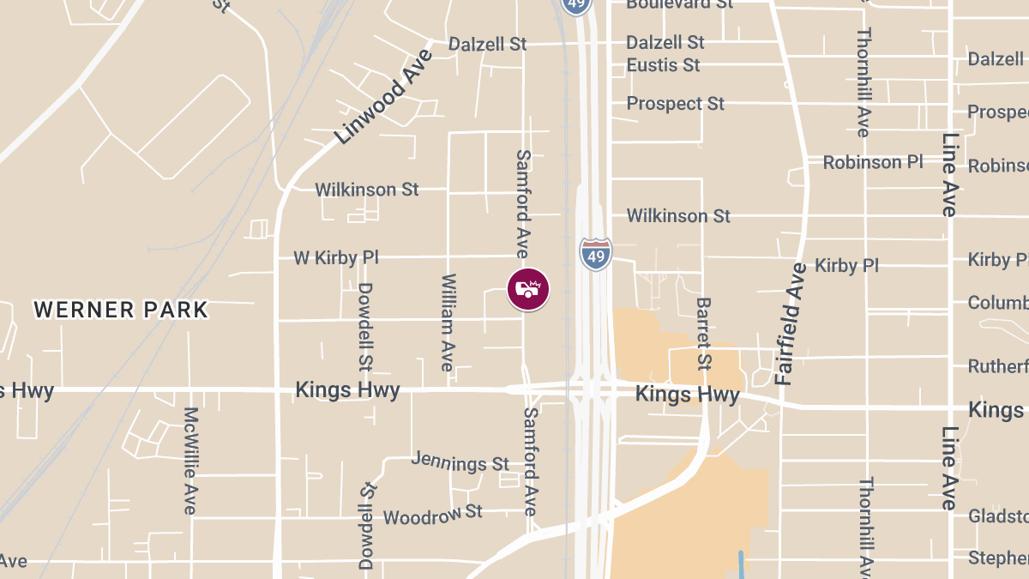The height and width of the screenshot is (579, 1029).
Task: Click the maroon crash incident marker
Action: pyautogui.click(x=528, y=290)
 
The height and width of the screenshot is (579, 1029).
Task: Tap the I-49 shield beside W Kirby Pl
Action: pyautogui.click(x=596, y=254)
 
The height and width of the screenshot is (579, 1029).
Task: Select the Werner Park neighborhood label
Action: pyautogui.click(x=121, y=310)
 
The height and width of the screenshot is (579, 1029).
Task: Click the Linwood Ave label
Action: pyautogui.click(x=384, y=96)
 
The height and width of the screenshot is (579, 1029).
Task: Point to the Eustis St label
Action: pyautogui.click(x=663, y=65)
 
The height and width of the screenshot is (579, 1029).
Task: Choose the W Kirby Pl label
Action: pyautogui.click(x=335, y=257)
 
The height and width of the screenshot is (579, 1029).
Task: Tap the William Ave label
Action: pyautogui.click(x=447, y=323)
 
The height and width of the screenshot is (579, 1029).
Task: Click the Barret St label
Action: pyautogui.click(x=704, y=333)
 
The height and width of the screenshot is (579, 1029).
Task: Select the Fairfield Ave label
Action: pyautogui.click(x=791, y=323)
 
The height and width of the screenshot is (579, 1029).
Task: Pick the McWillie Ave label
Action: pyautogui.click(x=190, y=461)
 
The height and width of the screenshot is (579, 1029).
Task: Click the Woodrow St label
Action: pyautogui.click(x=432, y=516)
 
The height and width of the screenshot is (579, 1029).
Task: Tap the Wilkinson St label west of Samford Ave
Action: pyautogui.click(x=367, y=189)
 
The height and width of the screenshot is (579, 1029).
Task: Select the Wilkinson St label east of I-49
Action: pyautogui.click(x=678, y=215)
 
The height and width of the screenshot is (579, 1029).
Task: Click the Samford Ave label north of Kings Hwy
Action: pyautogui.click(x=522, y=204)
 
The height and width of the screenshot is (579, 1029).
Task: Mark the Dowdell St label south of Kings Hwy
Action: pyautogui.click(x=367, y=525)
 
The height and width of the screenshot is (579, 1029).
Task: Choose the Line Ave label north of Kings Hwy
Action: pyautogui.click(x=948, y=175)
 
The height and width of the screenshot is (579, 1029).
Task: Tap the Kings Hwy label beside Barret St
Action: pyautogui.click(x=687, y=395)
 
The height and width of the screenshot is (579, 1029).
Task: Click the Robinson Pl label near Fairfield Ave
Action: pyautogui.click(x=874, y=162)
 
